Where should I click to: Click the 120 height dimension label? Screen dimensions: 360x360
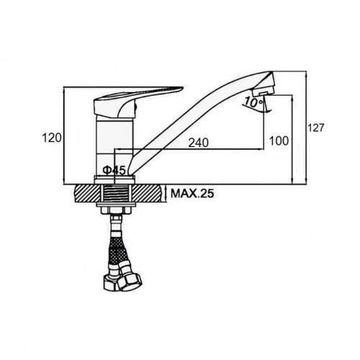point(52,138)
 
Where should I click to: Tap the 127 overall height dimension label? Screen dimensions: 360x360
point(316,127)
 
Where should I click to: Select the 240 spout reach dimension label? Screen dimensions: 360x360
point(199,143)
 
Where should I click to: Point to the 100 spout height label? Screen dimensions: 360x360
point(279,140)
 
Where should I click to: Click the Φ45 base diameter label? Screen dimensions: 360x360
point(114,171)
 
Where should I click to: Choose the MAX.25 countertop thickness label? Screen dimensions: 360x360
point(192,194)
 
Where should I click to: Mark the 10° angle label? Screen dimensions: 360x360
point(251,103)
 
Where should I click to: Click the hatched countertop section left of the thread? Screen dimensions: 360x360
point(88,194)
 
